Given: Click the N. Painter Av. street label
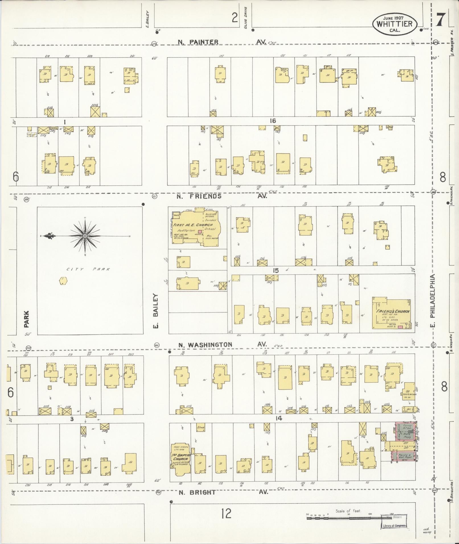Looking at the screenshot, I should pos(222,42).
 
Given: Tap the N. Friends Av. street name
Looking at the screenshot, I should pos(222,196).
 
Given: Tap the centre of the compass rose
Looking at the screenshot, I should pos(85,236).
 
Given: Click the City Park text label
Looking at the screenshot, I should pos(88,269).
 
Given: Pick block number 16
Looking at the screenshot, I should pos(273,121).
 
